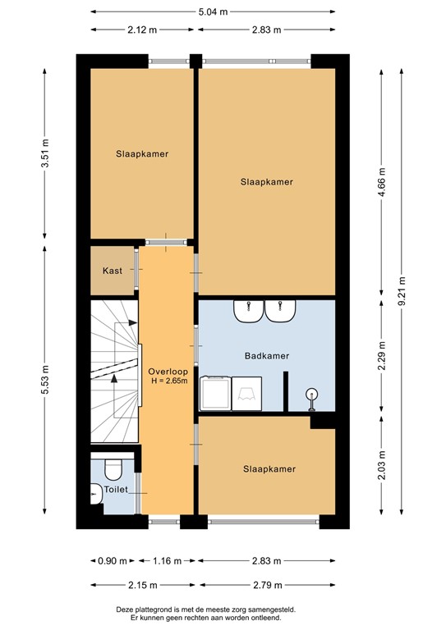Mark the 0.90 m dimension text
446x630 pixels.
[112, 561]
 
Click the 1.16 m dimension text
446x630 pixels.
[168, 561]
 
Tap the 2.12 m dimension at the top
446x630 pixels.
[141, 30]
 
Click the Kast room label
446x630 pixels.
[113, 271]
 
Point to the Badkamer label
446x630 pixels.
[266, 356]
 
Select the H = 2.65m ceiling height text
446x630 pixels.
[168, 381]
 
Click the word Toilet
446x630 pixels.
[116, 489]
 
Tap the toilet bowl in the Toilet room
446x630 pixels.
[113, 468]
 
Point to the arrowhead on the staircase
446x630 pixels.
[113, 378]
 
